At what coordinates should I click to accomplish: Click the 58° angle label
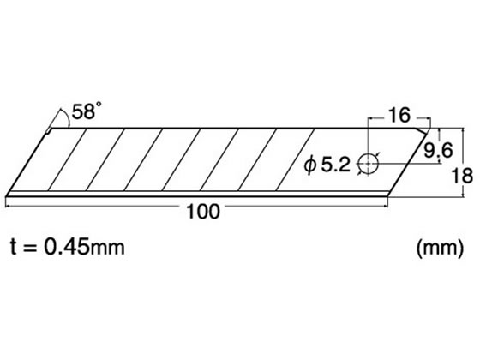click(x=87, y=111)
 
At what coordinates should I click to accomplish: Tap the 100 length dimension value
click(x=203, y=212)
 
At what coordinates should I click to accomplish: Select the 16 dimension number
click(x=399, y=115)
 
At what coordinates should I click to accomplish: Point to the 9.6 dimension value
click(x=438, y=150)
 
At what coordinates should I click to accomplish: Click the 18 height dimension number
click(x=462, y=176)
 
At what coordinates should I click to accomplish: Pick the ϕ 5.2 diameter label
click(x=327, y=165)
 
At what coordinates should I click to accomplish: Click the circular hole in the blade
click(x=369, y=164)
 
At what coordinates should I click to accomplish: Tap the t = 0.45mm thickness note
click(x=68, y=247)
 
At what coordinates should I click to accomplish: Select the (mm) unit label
click(x=441, y=248)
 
